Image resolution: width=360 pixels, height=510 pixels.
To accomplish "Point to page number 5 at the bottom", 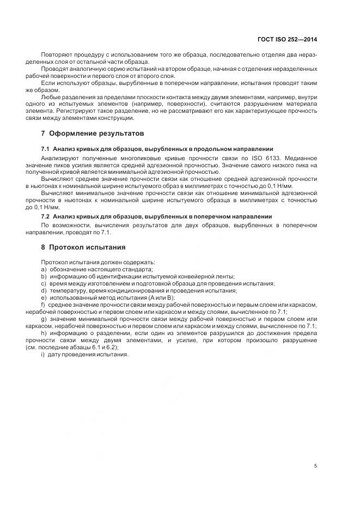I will click(316, 466).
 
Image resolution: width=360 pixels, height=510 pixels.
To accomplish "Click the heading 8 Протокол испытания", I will click(83, 246).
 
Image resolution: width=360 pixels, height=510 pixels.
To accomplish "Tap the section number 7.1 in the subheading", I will click(45, 149).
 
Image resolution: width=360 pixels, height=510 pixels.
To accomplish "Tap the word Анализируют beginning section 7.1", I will click(59, 157).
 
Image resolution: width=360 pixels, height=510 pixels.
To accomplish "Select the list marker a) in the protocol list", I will click(44, 269).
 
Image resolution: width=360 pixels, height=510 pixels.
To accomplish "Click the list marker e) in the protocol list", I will click(44, 297).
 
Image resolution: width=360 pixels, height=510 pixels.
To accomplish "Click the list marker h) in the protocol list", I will click(44, 333).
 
